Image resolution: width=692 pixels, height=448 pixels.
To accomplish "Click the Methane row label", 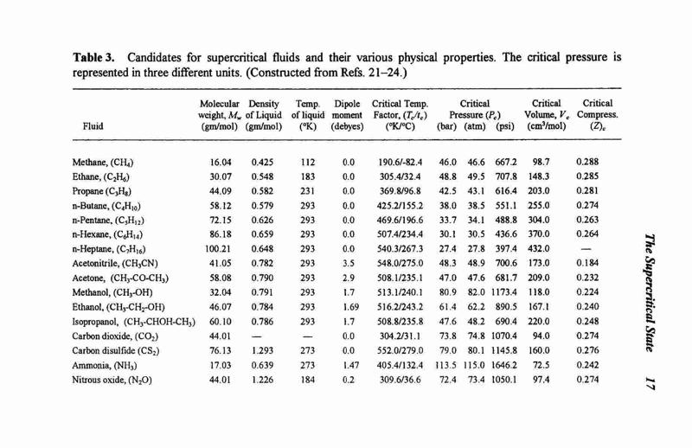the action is [x=103, y=163].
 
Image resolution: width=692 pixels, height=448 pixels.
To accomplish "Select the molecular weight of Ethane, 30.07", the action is [x=221, y=176].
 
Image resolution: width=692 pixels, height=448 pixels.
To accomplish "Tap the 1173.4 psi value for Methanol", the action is [x=503, y=292].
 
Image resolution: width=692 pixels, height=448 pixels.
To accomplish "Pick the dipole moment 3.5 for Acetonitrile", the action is [x=349, y=264].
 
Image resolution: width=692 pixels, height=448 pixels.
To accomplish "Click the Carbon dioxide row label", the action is [x=115, y=336].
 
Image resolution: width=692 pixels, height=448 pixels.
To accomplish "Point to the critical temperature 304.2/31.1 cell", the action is [x=400, y=336].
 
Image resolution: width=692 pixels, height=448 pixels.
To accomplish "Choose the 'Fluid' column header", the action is [x=93, y=126].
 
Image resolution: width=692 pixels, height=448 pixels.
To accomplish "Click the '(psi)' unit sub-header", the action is [x=505, y=126].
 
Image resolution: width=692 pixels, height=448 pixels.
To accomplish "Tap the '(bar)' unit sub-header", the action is [x=446, y=126].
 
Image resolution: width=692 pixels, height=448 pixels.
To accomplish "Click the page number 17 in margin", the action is [x=650, y=382].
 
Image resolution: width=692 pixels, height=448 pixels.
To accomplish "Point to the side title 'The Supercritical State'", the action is [x=650, y=292].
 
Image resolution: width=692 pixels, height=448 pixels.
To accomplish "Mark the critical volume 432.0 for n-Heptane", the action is [x=538, y=249].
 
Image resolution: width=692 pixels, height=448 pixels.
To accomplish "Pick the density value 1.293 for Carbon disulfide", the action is [x=262, y=350].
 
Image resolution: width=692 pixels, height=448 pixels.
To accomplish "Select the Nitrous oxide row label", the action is [x=112, y=380].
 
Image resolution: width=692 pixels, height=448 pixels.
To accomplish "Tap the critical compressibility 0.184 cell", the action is [x=587, y=263].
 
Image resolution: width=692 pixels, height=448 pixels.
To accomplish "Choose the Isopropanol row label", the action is [x=134, y=322].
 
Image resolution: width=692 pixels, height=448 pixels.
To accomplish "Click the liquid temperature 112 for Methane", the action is [x=308, y=163].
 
